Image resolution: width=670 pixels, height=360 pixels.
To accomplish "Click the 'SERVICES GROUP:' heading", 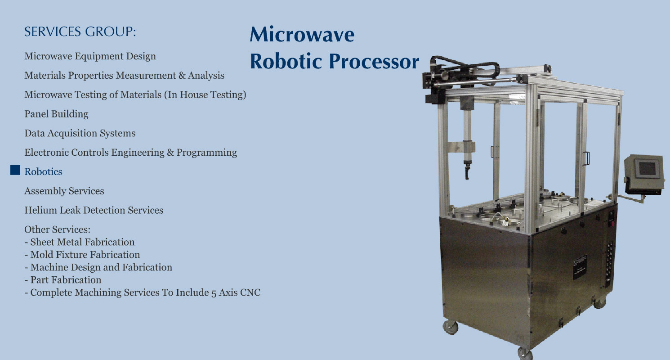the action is pyautogui.click(x=80, y=31).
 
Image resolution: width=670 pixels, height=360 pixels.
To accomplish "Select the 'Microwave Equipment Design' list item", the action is pyautogui.click(x=90, y=56).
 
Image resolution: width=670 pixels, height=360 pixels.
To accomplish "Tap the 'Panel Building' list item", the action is pyautogui.click(x=56, y=114).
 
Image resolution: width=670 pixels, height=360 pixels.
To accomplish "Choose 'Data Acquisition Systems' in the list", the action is pyautogui.click(x=80, y=133).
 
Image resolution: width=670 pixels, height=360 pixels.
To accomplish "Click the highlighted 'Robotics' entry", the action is pyautogui.click(x=43, y=172).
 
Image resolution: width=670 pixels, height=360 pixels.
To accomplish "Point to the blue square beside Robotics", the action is pyautogui.click(x=15, y=170).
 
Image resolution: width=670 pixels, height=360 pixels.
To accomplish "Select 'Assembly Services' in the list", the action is pyautogui.click(x=64, y=191).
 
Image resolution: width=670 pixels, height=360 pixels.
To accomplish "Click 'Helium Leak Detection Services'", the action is pyautogui.click(x=94, y=210).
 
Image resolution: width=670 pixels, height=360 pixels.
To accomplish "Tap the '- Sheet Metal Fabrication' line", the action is pyautogui.click(x=80, y=242).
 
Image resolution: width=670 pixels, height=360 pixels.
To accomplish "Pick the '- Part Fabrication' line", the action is pyautogui.click(x=63, y=280).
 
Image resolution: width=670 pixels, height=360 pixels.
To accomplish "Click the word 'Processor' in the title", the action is pyautogui.click(x=374, y=62).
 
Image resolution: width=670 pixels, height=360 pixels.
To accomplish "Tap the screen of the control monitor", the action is pyautogui.click(x=647, y=168).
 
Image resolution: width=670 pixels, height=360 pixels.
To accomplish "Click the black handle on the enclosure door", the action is pyautogui.click(x=586, y=158).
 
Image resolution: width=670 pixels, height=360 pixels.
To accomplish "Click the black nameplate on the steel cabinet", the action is pyautogui.click(x=580, y=267).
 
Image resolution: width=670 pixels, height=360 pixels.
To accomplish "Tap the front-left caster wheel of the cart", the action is pyautogui.click(x=451, y=328).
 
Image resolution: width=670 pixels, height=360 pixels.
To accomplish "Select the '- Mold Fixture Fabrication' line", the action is pyautogui.click(x=82, y=255).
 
